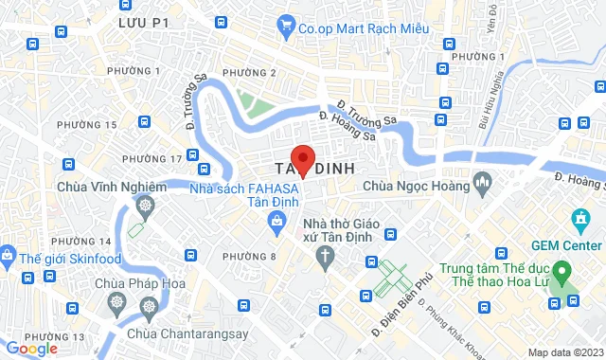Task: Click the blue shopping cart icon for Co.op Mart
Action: (x=285, y=28)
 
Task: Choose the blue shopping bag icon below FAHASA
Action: (x=276, y=223)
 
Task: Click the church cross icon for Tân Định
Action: (x=325, y=256)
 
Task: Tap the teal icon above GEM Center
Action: (x=579, y=221)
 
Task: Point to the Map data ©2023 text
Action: (x=563, y=352)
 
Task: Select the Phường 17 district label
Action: (x=157, y=158)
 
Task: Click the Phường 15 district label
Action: (x=86, y=125)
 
